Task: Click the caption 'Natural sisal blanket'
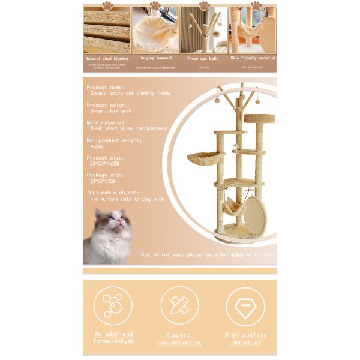107,58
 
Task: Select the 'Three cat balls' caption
203,59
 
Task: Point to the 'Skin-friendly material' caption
253,58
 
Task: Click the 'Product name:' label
105,87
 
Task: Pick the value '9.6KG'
97,146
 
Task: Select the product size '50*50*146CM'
104,163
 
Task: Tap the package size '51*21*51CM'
103,181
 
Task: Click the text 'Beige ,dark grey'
110,110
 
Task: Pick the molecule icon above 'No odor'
113,305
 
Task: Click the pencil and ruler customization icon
179,305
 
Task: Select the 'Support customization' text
179,338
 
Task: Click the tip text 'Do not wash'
207,254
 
